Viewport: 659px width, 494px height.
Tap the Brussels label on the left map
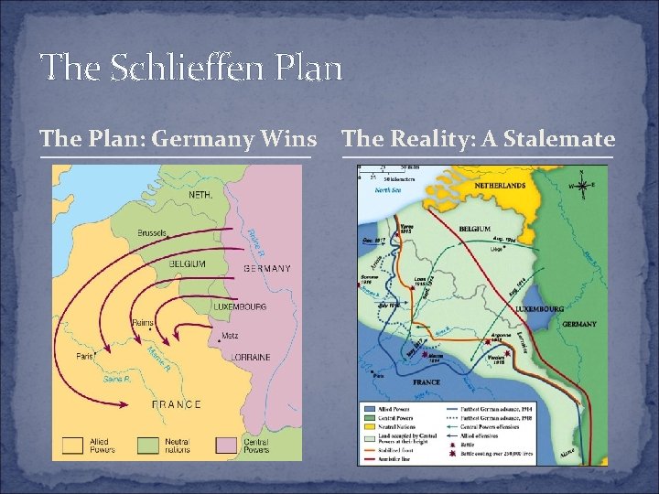coord(152,233)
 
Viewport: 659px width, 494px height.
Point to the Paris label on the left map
coord(87,356)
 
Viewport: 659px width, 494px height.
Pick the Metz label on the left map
coord(230,336)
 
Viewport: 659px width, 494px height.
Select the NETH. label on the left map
coord(201,196)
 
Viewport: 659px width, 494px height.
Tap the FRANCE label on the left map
coord(176,404)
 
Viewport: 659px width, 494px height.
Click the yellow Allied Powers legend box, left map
coord(72,446)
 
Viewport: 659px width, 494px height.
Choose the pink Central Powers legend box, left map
coord(227,446)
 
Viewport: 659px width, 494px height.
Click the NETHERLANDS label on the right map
coord(500,186)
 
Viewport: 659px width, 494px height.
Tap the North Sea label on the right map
coord(389,191)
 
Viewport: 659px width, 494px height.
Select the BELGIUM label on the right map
coord(476,228)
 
